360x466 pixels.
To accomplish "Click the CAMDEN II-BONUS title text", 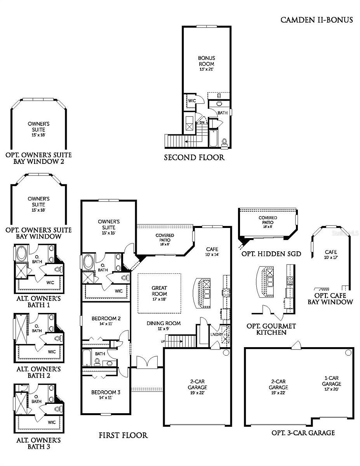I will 317,20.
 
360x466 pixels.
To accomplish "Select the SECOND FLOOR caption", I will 194,157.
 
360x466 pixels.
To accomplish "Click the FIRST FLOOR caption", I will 123,435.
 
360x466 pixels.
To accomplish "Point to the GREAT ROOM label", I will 159,291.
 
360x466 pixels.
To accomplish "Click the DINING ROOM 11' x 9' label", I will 163,326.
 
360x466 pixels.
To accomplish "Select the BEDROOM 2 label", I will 106,321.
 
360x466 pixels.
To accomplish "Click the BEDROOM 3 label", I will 106,395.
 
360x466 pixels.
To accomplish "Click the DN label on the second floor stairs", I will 202,122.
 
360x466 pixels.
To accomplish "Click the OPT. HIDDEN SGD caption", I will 271,254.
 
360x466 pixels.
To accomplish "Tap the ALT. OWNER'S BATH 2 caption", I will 38,372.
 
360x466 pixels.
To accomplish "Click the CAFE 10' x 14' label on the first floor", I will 212,252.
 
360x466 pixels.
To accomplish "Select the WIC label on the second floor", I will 191,100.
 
